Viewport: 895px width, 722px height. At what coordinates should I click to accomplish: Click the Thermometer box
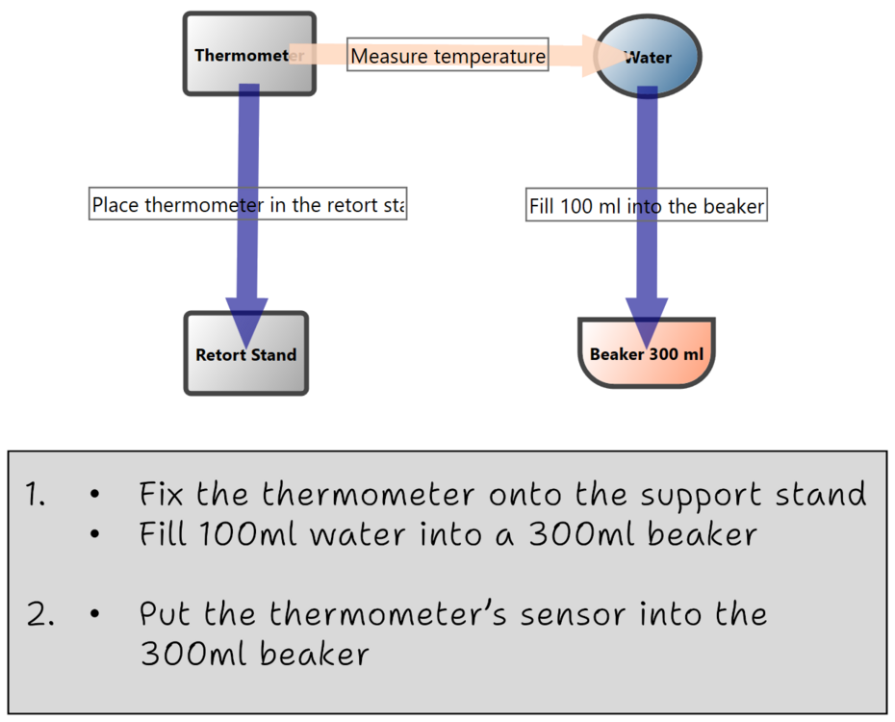(249, 54)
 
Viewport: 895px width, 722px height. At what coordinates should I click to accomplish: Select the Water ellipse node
(648, 57)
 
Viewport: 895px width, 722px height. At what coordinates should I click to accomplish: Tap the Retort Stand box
(246, 354)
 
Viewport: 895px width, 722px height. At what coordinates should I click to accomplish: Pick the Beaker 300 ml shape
(647, 353)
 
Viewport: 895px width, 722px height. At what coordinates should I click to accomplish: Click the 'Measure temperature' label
(447, 56)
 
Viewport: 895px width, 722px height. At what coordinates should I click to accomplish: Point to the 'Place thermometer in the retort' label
(248, 204)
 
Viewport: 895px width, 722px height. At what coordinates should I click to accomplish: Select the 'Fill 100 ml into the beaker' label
(647, 205)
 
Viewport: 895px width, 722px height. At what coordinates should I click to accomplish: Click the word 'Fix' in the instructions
(161, 495)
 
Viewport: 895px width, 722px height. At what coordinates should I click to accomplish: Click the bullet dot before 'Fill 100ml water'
(93, 534)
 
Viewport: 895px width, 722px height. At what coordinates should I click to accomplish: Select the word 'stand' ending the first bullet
(816, 495)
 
